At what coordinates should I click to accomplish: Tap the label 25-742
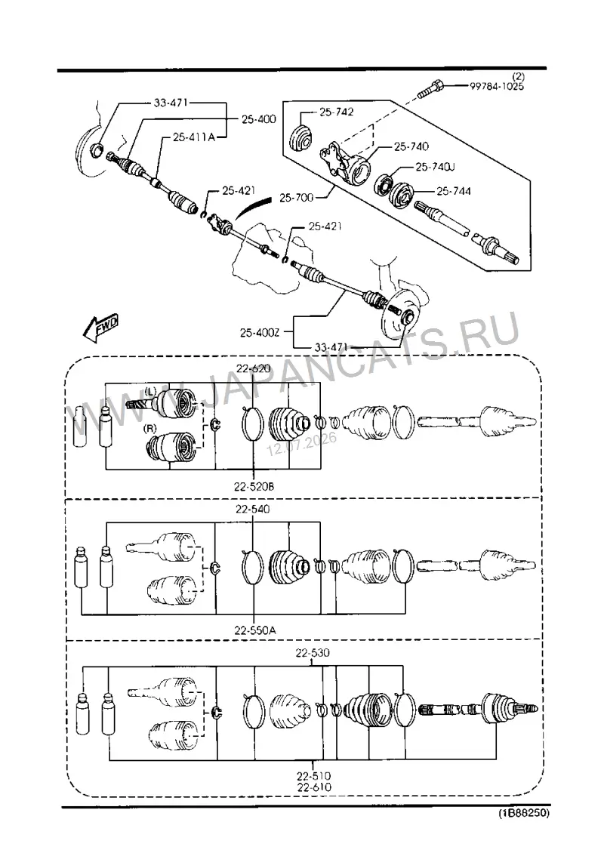click(x=336, y=112)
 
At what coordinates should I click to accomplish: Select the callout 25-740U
click(x=435, y=167)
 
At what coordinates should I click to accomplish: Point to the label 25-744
click(x=453, y=191)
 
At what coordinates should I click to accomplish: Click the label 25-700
click(x=297, y=198)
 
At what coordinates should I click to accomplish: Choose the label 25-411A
click(x=194, y=137)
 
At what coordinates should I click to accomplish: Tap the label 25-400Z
click(x=260, y=332)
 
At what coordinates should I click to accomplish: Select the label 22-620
click(x=253, y=368)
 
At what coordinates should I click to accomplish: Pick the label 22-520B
click(x=254, y=487)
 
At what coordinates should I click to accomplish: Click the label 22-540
click(x=252, y=510)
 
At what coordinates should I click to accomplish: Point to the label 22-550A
click(x=255, y=630)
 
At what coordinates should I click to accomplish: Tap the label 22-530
click(x=313, y=653)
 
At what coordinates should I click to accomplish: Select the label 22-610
click(x=314, y=787)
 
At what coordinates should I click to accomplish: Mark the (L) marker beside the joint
click(x=151, y=390)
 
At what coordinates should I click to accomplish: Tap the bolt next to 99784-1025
click(x=430, y=89)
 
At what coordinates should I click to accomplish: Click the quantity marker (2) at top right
click(x=517, y=77)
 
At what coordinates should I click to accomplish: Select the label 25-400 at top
click(x=258, y=119)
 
